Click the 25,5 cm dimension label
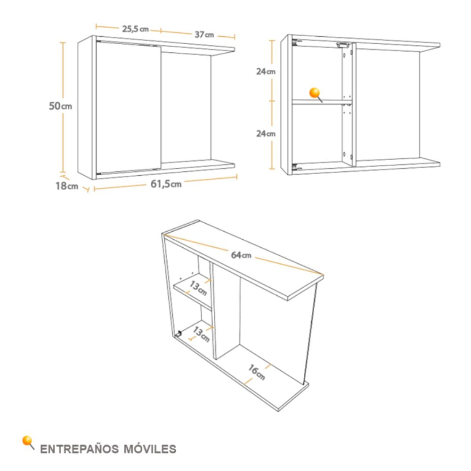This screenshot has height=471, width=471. pos(135,29)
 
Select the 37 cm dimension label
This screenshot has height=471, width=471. pos(204,34)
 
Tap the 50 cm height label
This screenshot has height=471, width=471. pos(60,106)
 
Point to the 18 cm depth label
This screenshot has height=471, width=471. pos(67,186)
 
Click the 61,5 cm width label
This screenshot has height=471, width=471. pos(166,184)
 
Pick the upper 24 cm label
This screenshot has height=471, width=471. pos(266,72)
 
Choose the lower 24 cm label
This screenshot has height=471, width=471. pos(266,133)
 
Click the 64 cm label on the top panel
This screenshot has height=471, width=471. pos(241,255)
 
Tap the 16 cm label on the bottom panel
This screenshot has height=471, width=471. pos(257,372)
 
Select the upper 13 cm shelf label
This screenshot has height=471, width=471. pos(198,288)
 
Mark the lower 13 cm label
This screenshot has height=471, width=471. pos(201,334)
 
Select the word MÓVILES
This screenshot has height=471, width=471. pos(150,449)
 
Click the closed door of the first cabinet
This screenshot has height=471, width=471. pos(129,107)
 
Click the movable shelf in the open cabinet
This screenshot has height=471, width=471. pos(322,102)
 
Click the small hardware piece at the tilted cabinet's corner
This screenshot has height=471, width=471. pos(179,333)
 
